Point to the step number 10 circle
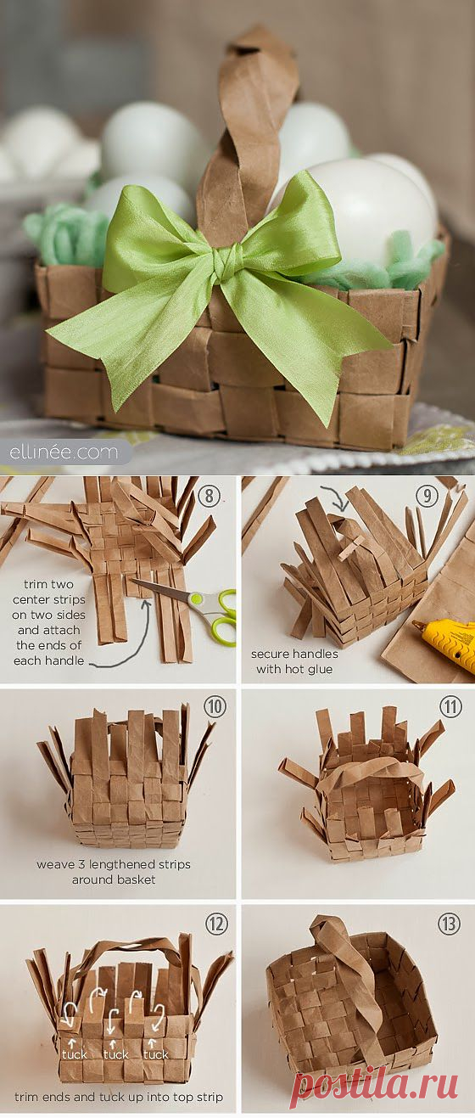click(x=215, y=705)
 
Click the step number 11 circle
click(x=450, y=705)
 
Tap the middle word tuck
click(x=116, y=1054)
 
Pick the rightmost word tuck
click(x=156, y=1054)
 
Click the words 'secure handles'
click(x=294, y=654)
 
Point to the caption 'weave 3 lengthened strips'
click(x=114, y=864)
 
